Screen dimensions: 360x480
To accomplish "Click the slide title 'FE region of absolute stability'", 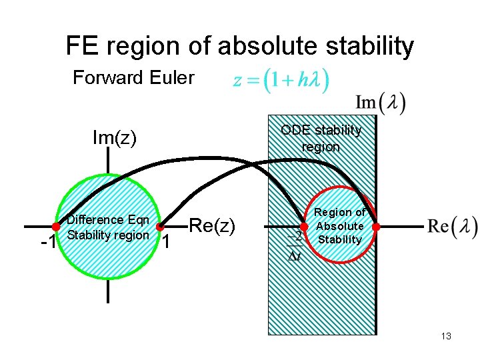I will [x=239, y=46].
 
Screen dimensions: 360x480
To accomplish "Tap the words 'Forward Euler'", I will [x=133, y=78].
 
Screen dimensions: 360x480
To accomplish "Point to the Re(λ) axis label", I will [x=452, y=227].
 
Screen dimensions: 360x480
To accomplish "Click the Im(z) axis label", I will [x=114, y=138].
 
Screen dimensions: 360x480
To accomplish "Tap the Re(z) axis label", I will [x=213, y=226].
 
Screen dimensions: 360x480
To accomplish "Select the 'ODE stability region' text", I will [x=321, y=138].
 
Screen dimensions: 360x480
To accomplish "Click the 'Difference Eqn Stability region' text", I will [x=108, y=227].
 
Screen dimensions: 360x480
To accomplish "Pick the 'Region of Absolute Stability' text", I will [x=339, y=226].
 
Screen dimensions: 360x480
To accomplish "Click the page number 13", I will [x=446, y=336].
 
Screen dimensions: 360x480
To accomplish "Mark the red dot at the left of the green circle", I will [x=57, y=227].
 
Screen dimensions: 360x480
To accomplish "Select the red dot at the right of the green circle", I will [x=160, y=227].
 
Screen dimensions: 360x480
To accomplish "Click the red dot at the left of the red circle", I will [x=303, y=227].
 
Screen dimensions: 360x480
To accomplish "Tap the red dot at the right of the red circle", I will [x=376, y=227].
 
